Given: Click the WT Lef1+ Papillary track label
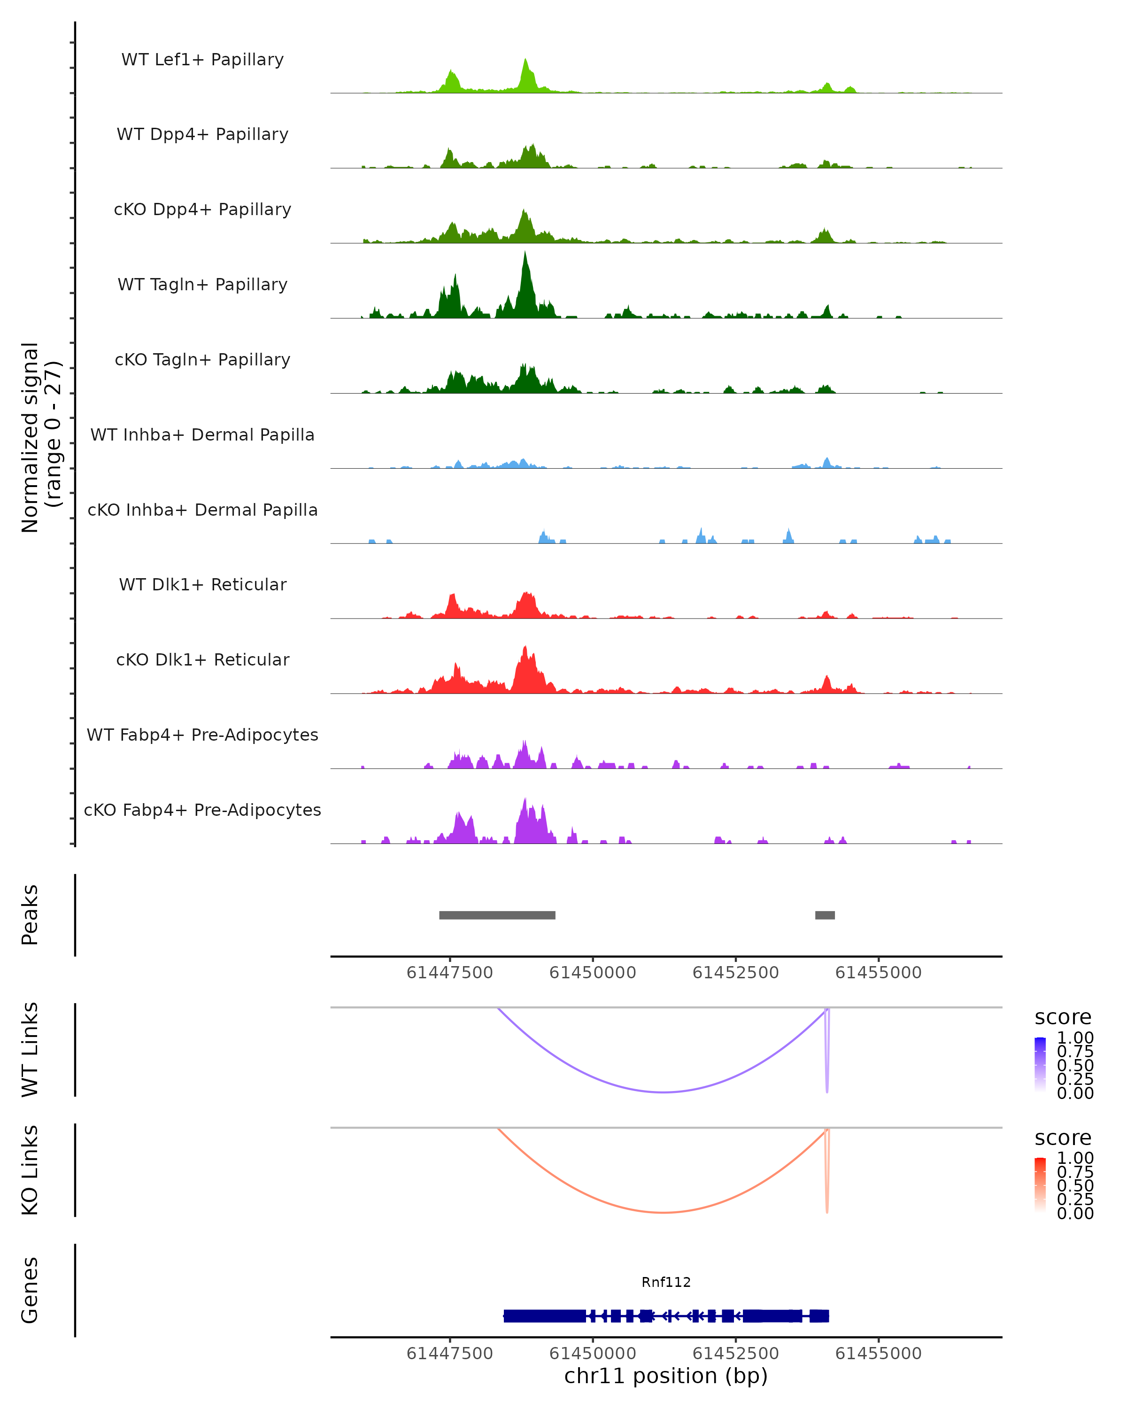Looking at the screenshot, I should coord(202,60).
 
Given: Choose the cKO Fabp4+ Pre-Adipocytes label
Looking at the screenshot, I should coord(202,810).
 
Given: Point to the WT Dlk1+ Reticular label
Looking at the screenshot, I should coord(202,584).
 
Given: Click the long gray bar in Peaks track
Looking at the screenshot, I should coord(497,915).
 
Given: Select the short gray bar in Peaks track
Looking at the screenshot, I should coord(825,915).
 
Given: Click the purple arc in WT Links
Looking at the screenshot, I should coord(663,1092).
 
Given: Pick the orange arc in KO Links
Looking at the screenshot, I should coord(663,1212).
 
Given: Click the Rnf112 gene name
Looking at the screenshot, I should coord(666,1282).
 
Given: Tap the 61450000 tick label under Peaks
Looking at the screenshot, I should coord(593,973).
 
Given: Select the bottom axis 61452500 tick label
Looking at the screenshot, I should coord(736,1353).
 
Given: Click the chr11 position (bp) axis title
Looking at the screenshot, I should coord(666,1376).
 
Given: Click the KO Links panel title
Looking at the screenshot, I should coord(30,1170).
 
